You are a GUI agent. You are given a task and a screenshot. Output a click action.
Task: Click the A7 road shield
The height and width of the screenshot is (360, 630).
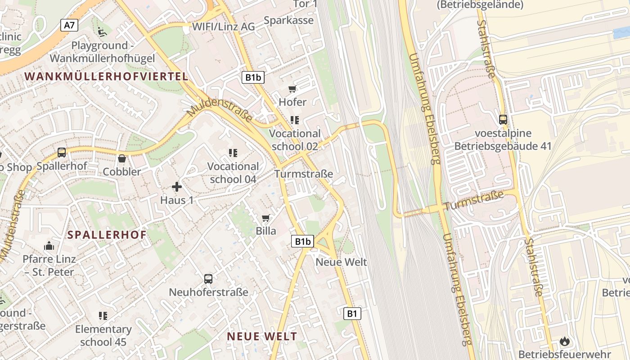tap(69, 25)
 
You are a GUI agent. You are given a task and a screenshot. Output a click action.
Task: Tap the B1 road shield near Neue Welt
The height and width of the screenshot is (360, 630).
tap(352, 314)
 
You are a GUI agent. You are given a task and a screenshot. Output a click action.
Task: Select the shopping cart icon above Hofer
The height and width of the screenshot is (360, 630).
tap(292, 89)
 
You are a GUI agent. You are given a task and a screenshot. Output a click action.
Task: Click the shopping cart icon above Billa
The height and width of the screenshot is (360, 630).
tap(266, 218)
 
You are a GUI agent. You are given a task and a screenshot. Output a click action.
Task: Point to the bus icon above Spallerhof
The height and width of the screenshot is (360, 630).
tap(62, 153)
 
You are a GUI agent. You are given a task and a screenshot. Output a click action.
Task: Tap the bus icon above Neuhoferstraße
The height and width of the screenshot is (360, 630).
tap(208, 279)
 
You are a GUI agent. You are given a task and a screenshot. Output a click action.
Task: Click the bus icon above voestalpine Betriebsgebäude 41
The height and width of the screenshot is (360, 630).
tap(503, 120)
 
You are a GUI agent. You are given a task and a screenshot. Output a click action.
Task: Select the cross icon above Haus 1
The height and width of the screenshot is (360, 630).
tap(177, 186)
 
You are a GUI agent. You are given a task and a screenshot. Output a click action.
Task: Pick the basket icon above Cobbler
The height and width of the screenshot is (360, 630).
tap(121, 158)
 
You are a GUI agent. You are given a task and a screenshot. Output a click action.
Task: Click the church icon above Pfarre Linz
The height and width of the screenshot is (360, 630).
tap(49, 246)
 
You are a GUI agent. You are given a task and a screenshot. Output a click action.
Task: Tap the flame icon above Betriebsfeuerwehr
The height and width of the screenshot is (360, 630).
tap(564, 341)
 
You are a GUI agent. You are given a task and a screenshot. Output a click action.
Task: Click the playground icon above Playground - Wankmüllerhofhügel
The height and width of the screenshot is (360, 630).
tap(102, 32)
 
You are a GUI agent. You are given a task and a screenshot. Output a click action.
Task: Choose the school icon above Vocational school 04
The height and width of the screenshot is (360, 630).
tap(233, 153)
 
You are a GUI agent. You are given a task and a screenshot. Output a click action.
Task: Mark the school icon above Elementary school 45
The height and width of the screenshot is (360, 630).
tap(103, 316)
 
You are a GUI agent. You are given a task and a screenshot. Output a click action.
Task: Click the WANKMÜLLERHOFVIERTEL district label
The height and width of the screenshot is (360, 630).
tap(106, 76)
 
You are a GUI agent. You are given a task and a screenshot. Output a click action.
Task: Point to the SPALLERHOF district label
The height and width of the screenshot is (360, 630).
tap(107, 234)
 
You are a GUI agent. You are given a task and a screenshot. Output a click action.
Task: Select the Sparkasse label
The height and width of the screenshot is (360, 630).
tap(288, 20)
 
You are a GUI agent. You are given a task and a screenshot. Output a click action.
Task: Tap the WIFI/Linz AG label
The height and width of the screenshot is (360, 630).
tap(223, 27)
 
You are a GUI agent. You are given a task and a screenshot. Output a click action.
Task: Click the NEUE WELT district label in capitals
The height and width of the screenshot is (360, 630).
tap(262, 336)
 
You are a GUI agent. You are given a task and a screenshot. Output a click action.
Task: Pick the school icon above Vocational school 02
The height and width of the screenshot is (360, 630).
tap(295, 120)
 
